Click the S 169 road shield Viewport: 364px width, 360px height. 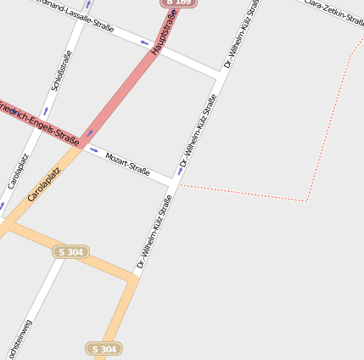tap(178, 3)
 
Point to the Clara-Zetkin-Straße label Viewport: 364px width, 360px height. tap(334, 11)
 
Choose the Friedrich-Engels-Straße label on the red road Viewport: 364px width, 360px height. tap(39, 121)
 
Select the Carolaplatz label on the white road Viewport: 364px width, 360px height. tap(18, 171)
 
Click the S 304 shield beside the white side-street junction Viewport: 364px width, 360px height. tap(71, 252)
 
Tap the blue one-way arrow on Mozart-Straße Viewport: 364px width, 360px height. tap(93, 150)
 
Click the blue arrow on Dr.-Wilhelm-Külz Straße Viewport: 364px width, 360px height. tap(181, 171)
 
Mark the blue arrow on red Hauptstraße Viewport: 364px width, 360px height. tap(90, 133)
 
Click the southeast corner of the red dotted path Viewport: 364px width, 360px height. tap(306, 201)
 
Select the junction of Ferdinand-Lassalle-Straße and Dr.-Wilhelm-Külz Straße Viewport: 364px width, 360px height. tap(221, 75)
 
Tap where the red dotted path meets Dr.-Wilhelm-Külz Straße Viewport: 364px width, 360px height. tap(176, 184)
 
